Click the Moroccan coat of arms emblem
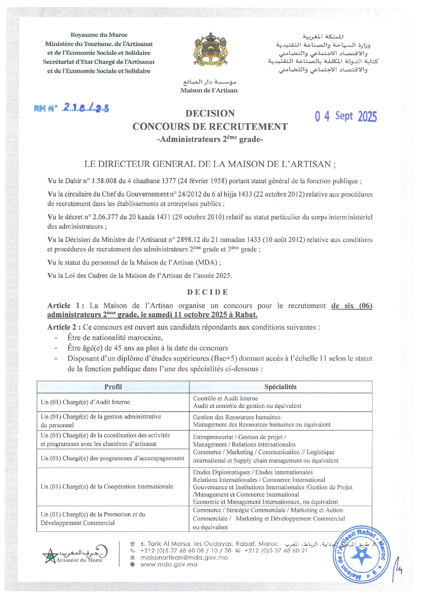point(210,49)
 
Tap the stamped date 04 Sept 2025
point(346,116)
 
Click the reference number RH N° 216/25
point(71,108)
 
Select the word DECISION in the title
point(210,113)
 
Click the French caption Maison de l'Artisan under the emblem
point(209,90)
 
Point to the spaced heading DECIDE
point(208,292)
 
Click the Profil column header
point(113,387)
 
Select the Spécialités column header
point(280,387)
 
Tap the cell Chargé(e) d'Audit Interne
point(85,402)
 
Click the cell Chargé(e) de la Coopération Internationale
point(107,487)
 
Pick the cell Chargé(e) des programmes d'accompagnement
point(113,458)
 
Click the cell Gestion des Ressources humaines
point(237,417)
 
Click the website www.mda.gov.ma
point(169,564)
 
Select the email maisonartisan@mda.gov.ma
point(184,557)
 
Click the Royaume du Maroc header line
point(99,35)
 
